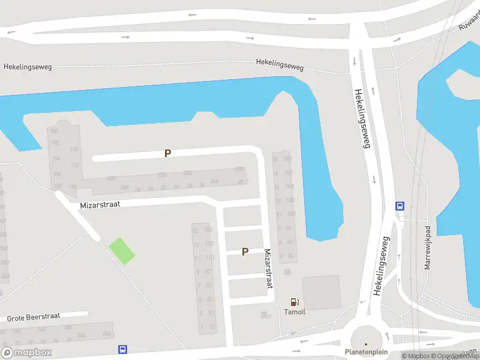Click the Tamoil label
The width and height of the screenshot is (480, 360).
(294, 312)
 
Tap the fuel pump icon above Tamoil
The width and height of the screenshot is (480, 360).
(294, 302)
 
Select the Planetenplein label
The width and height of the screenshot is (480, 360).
(366, 352)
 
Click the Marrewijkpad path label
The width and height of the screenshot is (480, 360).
(428, 248)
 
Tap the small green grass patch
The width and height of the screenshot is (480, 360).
(122, 251)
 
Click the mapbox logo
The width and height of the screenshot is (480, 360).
(26, 352)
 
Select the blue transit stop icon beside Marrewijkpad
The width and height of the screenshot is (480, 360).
(400, 205)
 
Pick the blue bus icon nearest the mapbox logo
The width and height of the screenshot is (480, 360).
(122, 349)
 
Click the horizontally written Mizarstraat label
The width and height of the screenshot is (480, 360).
(100, 205)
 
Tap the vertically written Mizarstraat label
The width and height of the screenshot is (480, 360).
(268, 269)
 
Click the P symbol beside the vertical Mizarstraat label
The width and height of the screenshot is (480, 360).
(245, 252)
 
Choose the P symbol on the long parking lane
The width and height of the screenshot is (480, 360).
(167, 154)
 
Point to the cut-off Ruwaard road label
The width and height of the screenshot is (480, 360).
(469, 23)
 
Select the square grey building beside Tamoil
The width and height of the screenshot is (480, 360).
(321, 292)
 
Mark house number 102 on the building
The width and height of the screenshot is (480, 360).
(56, 143)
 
